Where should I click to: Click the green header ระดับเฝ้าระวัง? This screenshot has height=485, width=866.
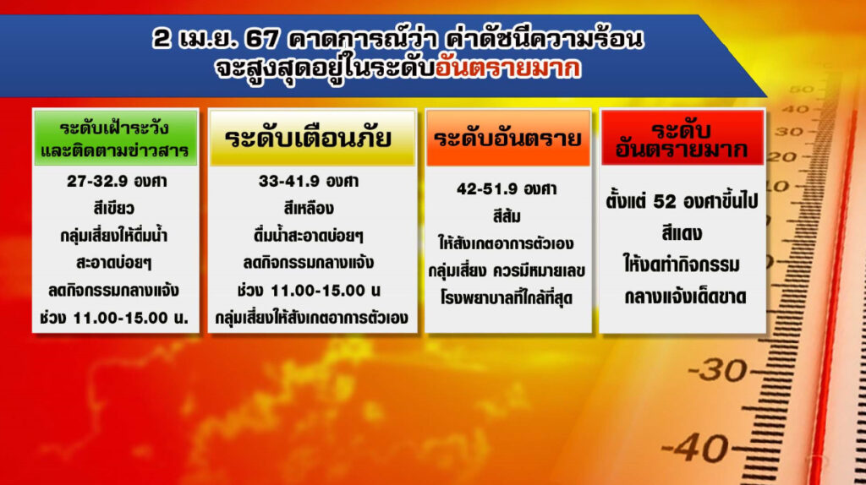115,138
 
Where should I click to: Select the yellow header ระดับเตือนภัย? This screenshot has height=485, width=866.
312,138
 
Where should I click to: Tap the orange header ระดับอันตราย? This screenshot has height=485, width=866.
508,138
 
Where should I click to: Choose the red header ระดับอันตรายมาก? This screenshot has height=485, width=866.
682,138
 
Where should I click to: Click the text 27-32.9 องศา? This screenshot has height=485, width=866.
117,182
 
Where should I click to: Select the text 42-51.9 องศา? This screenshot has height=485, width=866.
507,189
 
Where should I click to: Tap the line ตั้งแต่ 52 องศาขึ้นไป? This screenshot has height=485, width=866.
682,201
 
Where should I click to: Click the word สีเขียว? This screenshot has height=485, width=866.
114,209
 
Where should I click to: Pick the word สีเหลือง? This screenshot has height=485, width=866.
309,209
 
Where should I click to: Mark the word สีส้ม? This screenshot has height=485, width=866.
507,216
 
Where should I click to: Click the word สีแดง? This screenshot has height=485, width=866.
682,233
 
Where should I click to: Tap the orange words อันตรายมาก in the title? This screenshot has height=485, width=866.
508,68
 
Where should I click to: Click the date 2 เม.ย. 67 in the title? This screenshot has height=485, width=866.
216,39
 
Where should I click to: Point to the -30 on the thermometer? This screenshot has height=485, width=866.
717,370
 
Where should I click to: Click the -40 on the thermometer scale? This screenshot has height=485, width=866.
695,448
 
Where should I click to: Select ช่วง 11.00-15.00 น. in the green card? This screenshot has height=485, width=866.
114,318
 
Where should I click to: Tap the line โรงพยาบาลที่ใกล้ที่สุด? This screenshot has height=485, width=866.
507,298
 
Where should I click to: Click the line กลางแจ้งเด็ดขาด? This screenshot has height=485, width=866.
685,297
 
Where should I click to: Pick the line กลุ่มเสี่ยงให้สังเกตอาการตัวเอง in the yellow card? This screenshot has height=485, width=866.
311,318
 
